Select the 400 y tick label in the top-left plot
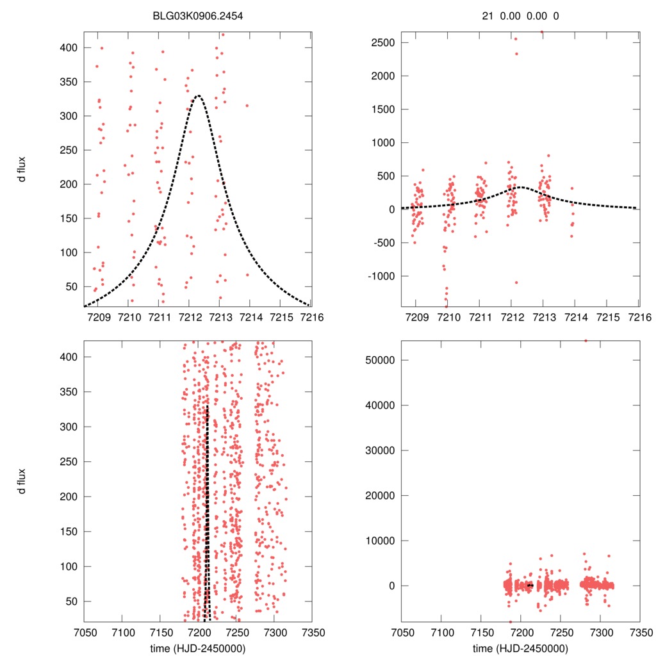pyautogui.click(x=69, y=48)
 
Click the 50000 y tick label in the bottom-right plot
pyautogui.click(x=377, y=360)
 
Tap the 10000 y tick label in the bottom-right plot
pyautogui.click(x=377, y=541)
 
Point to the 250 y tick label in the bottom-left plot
pyautogui.click(x=69, y=462)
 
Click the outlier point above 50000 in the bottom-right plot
pyautogui.click(x=585, y=341)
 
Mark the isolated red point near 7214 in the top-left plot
pyautogui.click(x=247, y=106)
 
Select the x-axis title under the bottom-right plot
pyautogui.click(x=520, y=648)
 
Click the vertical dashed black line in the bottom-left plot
pyautogui.click(x=206, y=512)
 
